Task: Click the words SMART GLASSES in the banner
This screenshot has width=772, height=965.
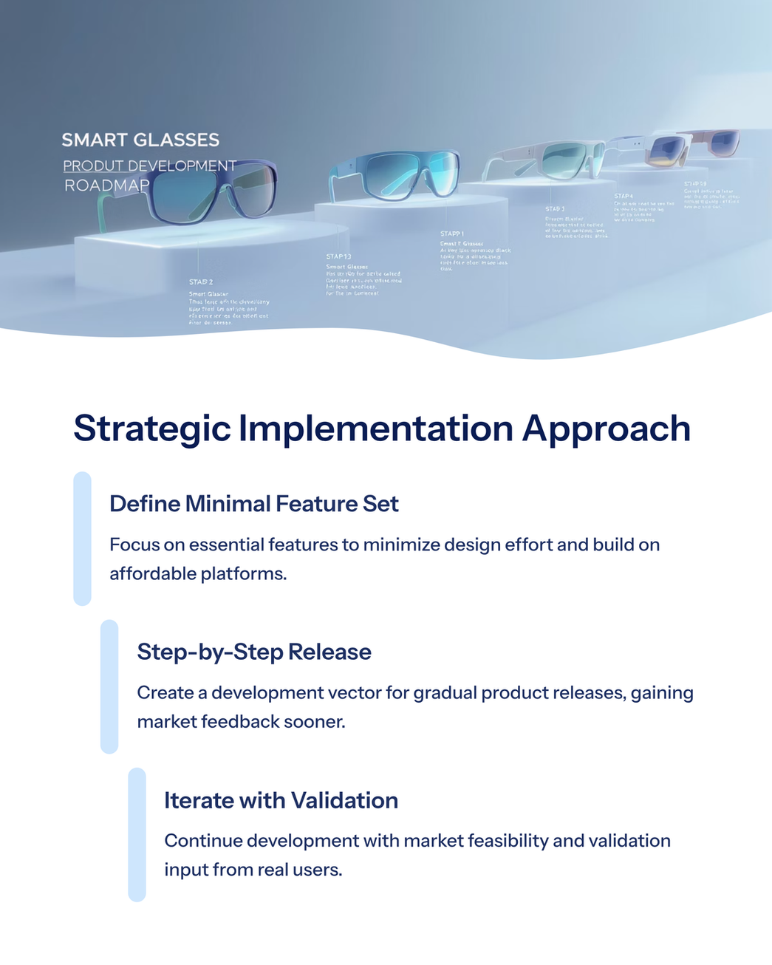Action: coord(140,140)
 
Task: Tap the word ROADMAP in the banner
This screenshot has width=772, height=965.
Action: coord(106,185)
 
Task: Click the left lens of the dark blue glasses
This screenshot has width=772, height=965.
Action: coord(185,191)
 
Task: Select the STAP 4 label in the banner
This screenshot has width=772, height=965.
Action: coord(624,197)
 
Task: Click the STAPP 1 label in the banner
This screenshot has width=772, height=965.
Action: coord(451,233)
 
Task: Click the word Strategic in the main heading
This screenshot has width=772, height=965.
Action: coord(152,429)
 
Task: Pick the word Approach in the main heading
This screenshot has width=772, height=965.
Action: coord(606,429)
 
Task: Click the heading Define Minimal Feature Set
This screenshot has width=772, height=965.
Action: coord(253,504)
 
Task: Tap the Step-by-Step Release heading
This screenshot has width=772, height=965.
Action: coord(254,652)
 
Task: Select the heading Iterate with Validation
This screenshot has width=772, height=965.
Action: coord(281,800)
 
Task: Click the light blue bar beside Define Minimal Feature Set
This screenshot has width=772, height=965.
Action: coord(82,539)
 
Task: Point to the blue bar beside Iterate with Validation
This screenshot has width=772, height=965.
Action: coord(137,834)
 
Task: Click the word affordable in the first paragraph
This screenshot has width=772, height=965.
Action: coord(154,573)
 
